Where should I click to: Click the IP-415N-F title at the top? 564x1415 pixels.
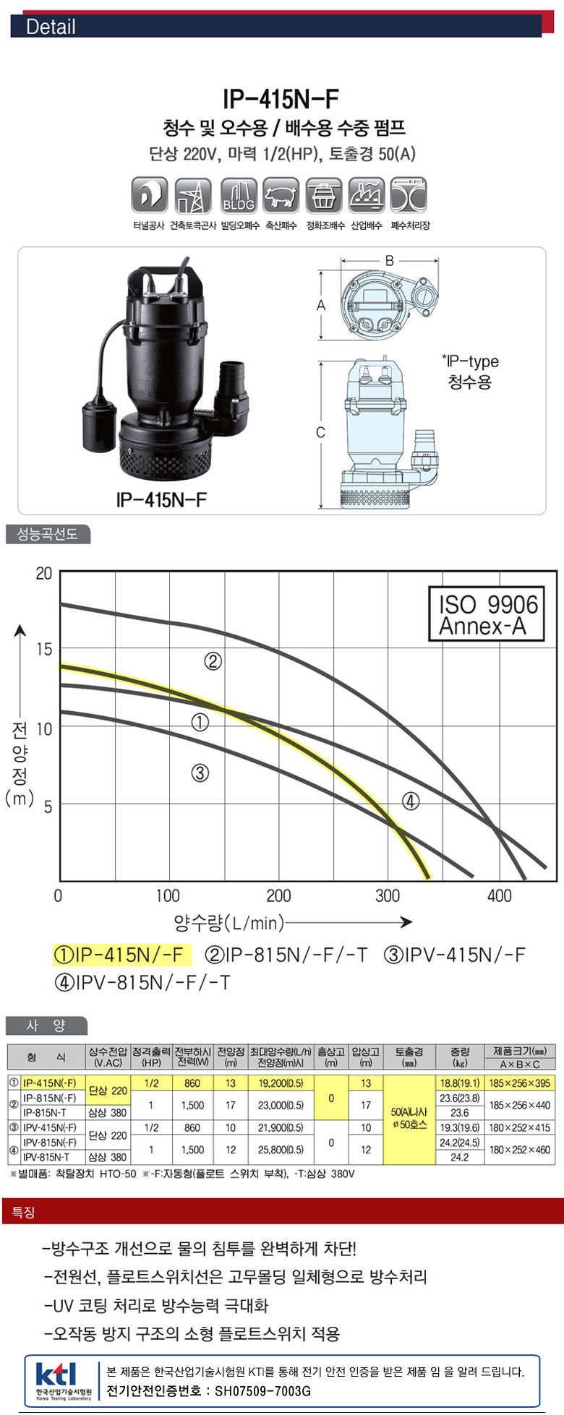tap(281, 98)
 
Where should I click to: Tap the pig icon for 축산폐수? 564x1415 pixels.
tap(281, 195)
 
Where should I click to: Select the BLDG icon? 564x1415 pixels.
tap(239, 195)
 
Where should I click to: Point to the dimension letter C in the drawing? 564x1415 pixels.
tap(321, 433)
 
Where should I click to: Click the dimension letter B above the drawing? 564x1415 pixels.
tap(389, 260)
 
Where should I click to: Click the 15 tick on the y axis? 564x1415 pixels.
tap(44, 649)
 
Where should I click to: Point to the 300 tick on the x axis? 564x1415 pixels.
tap(388, 896)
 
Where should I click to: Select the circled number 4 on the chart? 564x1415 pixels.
tap(411, 801)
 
